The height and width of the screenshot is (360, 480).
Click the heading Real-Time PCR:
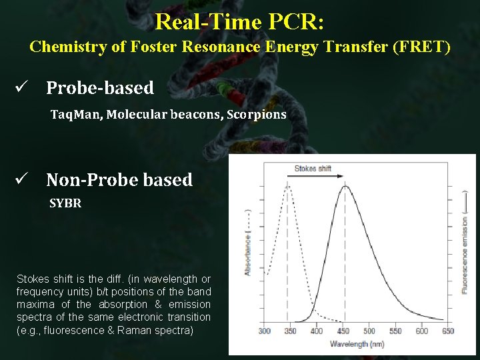239,21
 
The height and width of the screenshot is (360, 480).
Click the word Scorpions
256,115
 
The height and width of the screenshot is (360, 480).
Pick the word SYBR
65,204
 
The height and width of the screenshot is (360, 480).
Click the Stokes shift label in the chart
313,169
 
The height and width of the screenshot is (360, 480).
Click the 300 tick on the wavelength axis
265,331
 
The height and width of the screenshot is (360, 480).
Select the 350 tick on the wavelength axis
289,331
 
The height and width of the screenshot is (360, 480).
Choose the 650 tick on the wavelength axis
448,331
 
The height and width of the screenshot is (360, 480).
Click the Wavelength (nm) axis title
357,344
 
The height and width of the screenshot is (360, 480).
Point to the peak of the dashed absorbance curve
289,187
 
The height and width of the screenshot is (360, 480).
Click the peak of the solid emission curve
344,187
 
